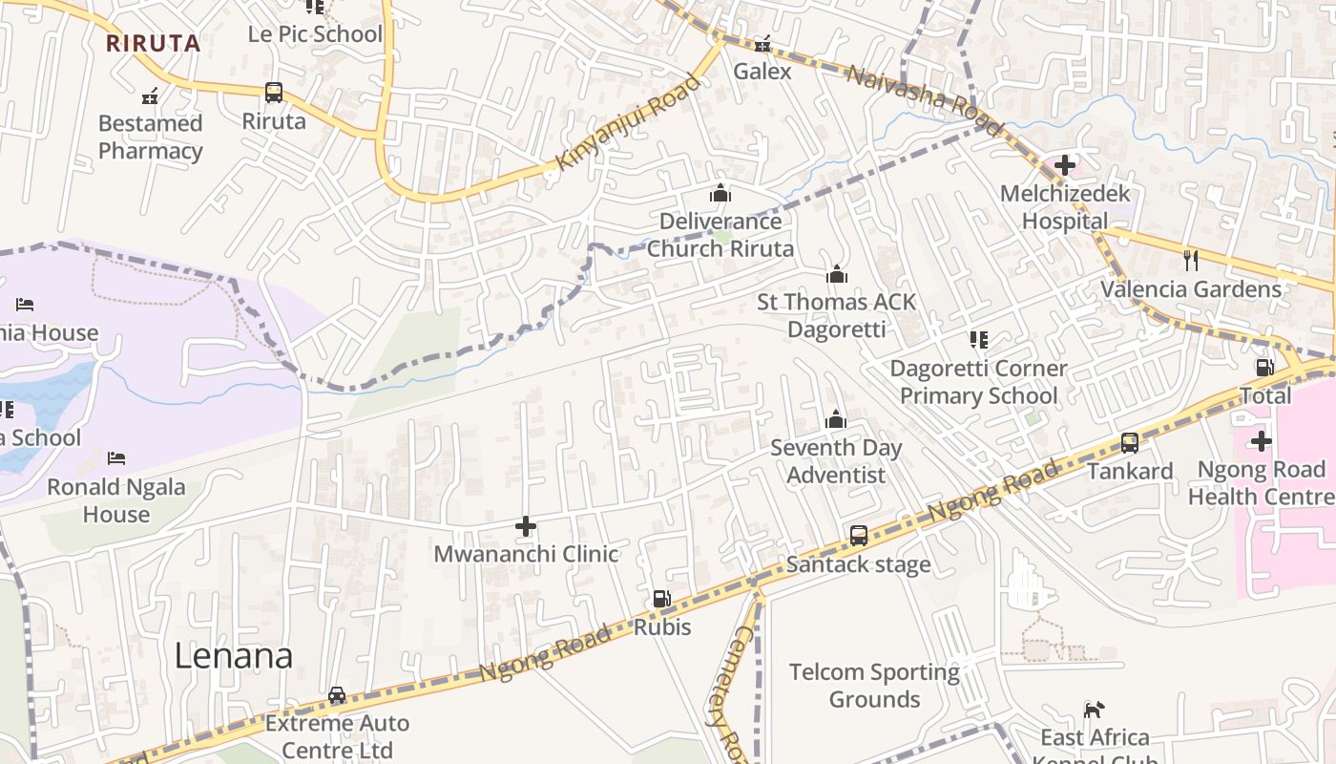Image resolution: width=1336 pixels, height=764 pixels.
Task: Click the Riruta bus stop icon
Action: (x=274, y=93)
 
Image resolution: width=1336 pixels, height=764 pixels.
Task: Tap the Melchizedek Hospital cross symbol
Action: (x=1065, y=165)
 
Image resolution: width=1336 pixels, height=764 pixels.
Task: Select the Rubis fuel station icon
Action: (x=661, y=599)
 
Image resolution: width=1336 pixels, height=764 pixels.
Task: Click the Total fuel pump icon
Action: (x=1264, y=368)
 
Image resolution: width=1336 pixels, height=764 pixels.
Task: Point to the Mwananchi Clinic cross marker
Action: (x=525, y=526)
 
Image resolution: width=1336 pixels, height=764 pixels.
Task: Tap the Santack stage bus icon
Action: (x=859, y=536)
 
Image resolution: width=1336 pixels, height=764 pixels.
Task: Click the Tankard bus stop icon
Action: (x=1130, y=443)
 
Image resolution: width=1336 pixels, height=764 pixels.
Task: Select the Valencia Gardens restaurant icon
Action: (x=1190, y=260)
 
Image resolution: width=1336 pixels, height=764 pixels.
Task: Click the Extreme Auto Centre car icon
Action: (x=337, y=695)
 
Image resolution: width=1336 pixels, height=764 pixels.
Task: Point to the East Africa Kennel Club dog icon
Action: (x=1094, y=710)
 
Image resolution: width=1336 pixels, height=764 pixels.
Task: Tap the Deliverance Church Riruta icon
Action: (x=720, y=194)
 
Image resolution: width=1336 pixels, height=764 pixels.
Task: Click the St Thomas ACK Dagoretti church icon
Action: (x=837, y=275)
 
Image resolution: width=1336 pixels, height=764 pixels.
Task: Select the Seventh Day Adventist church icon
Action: (x=836, y=419)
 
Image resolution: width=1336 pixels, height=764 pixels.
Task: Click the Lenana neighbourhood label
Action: (x=233, y=656)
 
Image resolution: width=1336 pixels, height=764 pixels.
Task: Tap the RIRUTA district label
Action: (x=153, y=43)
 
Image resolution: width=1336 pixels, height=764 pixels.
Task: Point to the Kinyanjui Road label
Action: (x=627, y=122)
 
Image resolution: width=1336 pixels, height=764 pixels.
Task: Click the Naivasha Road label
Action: (x=923, y=100)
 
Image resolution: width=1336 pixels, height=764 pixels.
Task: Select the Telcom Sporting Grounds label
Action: (x=874, y=685)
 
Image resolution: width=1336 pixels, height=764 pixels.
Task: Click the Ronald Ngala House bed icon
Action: (x=116, y=458)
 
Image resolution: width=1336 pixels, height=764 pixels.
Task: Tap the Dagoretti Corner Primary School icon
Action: (x=978, y=340)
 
